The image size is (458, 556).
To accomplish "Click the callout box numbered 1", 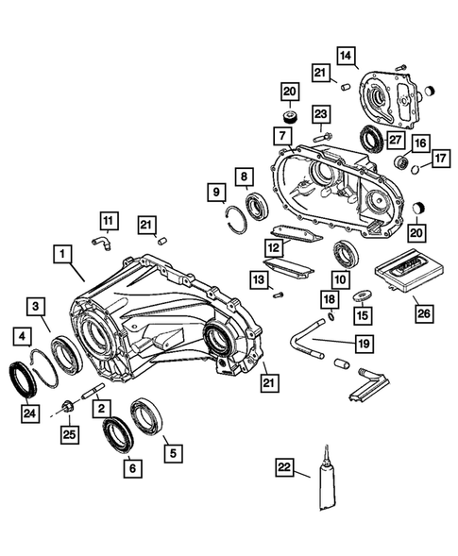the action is [x=62, y=254].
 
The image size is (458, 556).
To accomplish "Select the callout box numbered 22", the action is [x=285, y=467].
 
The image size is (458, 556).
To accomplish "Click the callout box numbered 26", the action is [x=424, y=313].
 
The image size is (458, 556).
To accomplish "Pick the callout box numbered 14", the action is [x=346, y=56].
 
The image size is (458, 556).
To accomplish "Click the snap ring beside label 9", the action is [x=235, y=218].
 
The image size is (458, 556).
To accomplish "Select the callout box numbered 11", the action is [x=109, y=221].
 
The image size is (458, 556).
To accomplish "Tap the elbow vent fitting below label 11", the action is [x=102, y=243].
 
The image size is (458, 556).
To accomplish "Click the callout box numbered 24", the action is [x=30, y=413].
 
